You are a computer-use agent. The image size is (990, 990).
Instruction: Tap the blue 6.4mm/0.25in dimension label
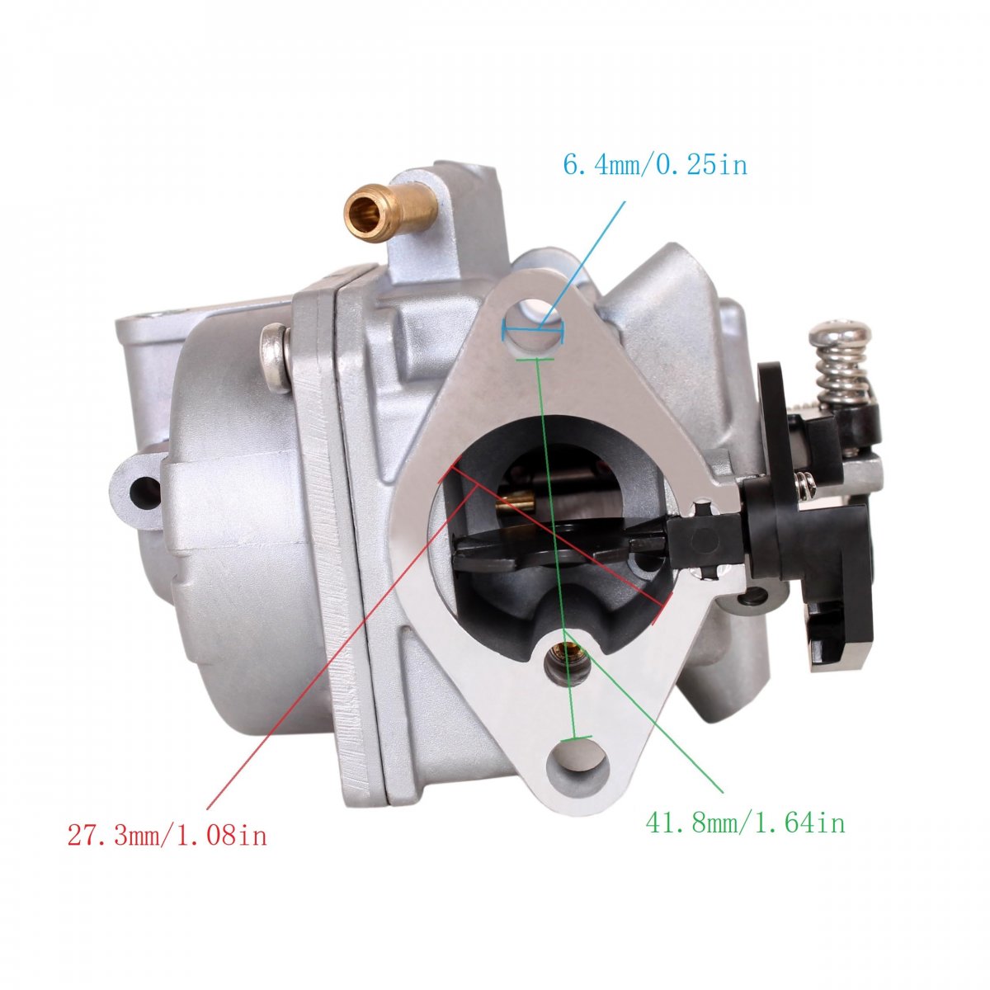655,166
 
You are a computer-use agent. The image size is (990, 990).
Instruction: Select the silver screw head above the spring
841,333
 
